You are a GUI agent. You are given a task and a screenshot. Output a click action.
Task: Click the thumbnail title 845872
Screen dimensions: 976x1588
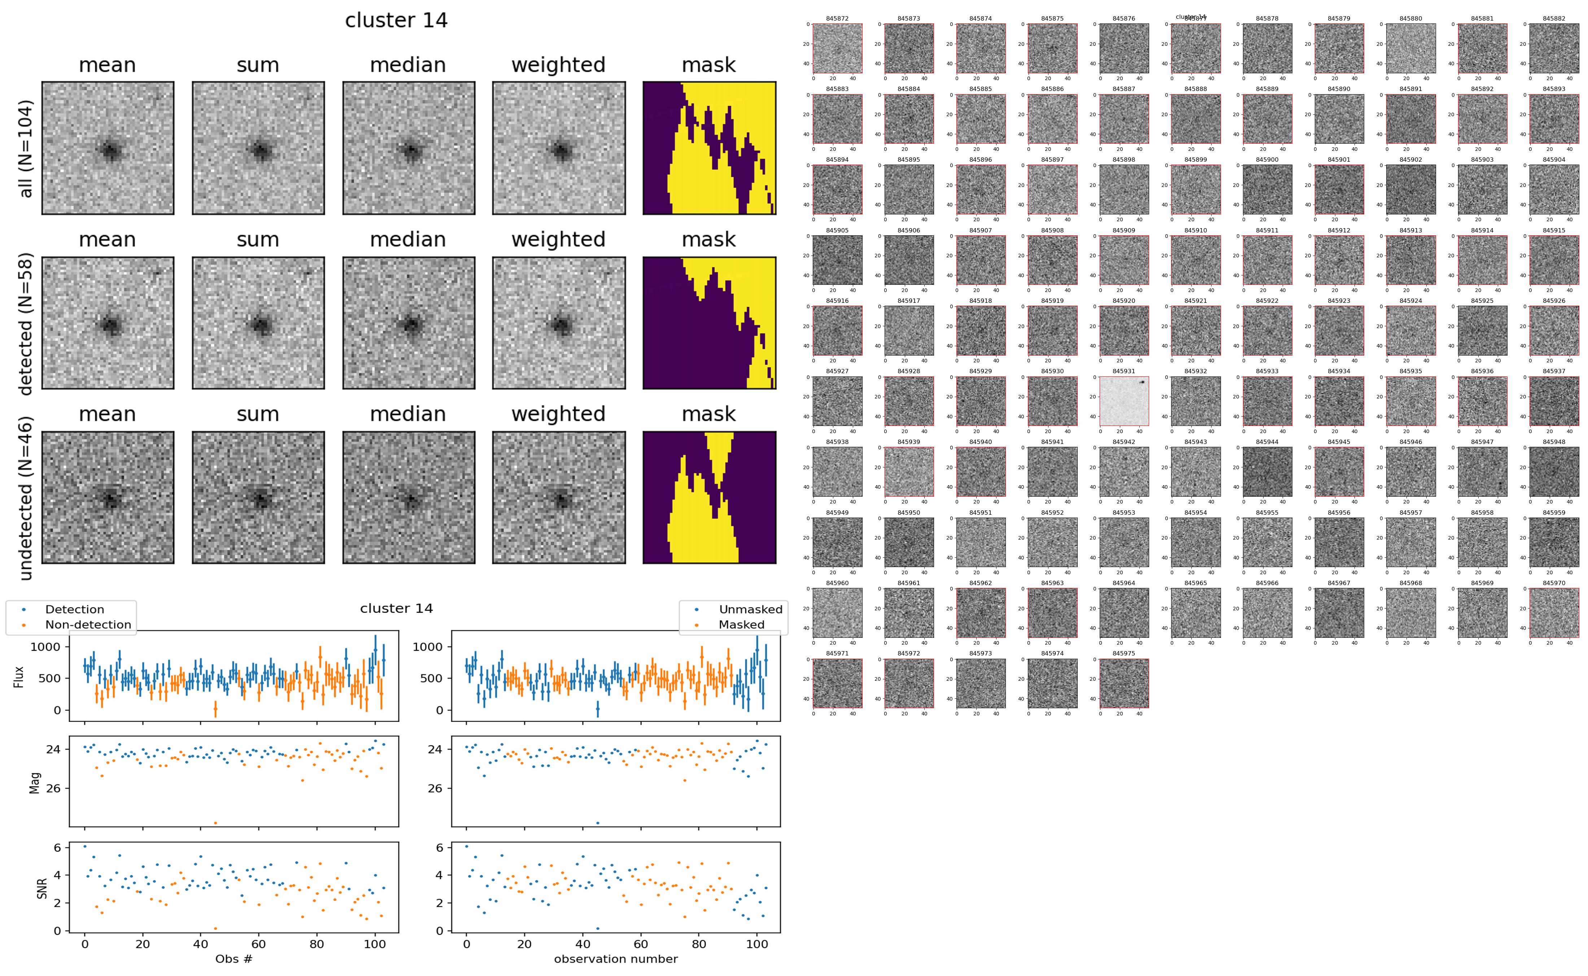click(x=837, y=19)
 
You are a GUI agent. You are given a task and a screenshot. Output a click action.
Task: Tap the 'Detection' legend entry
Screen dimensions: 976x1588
click(x=74, y=609)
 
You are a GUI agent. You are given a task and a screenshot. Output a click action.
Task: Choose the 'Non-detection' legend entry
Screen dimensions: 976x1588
click(x=88, y=625)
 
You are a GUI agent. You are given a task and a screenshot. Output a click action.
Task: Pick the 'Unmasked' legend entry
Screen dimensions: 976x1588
click(x=750, y=609)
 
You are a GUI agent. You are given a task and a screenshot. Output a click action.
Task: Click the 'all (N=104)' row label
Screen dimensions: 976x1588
click(x=26, y=148)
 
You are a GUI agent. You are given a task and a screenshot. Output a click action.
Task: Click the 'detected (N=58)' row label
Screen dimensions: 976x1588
click(x=26, y=323)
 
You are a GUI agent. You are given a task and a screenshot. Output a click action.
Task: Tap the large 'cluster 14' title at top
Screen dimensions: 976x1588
click(x=396, y=21)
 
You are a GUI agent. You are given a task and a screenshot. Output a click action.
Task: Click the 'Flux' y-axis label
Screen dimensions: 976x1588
click(x=19, y=676)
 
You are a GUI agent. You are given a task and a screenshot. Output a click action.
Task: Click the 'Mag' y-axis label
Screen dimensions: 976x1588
click(x=35, y=782)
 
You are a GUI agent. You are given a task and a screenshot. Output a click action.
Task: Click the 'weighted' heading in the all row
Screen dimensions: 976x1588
click(x=558, y=65)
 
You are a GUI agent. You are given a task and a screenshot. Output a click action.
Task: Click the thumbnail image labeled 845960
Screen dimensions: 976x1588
click(x=837, y=613)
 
